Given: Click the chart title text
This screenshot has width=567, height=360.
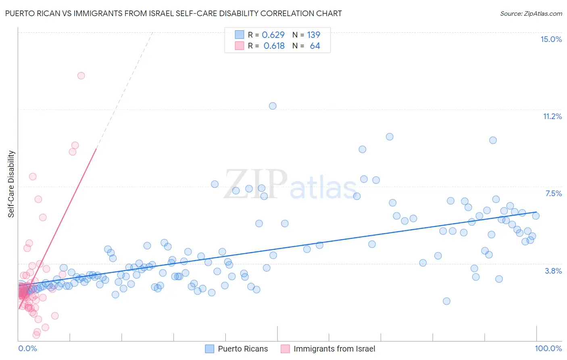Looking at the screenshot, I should (x=173, y=13).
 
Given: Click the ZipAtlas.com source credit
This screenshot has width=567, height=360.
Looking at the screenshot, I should (x=531, y=13).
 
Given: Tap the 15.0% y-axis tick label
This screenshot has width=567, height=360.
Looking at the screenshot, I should (x=551, y=39).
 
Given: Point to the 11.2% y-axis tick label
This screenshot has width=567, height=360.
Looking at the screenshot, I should (x=552, y=116).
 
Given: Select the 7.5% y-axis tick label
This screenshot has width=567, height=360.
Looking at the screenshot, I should (x=553, y=193).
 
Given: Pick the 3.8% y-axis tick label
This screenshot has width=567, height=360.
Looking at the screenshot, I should (x=553, y=271).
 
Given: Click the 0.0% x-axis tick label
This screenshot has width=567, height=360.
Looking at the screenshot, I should (x=27, y=348).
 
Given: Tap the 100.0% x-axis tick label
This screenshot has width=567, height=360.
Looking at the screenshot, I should (x=548, y=348).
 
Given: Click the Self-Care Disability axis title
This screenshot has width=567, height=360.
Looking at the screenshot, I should (x=11, y=184).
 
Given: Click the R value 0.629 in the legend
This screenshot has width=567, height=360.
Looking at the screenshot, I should (x=273, y=35).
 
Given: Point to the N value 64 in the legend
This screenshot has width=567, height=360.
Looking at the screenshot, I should (x=315, y=46).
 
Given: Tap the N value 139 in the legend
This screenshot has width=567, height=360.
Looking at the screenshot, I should (x=313, y=35).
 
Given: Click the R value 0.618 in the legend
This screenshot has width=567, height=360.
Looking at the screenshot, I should (x=274, y=46).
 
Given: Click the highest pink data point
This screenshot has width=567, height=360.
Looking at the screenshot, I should (x=81, y=75).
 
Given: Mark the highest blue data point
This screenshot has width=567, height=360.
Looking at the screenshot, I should (x=273, y=106).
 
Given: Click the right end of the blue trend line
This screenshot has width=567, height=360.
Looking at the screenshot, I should (x=536, y=212).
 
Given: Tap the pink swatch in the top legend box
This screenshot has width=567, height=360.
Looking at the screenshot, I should (x=240, y=46).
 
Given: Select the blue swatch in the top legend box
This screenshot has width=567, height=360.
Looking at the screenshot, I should (x=240, y=35).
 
